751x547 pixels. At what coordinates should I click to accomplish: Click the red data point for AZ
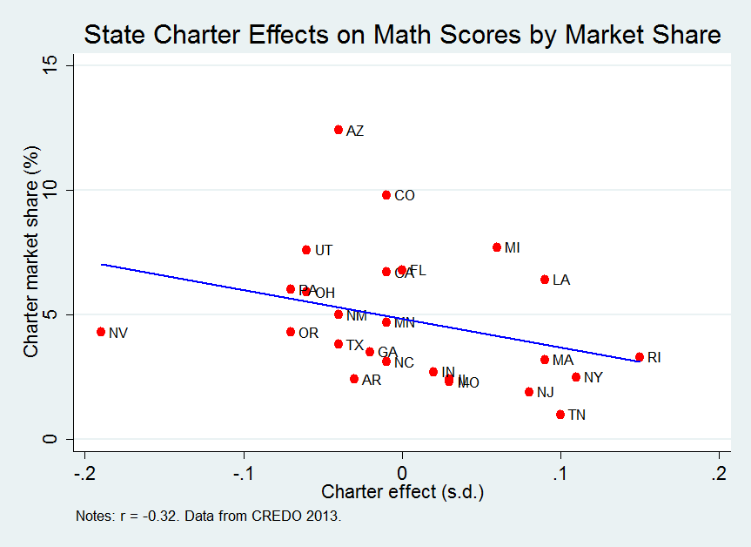[339, 130]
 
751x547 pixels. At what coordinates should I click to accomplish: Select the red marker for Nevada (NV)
[101, 332]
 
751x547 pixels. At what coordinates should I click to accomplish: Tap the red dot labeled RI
[640, 357]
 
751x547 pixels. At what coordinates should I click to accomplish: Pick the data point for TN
[560, 415]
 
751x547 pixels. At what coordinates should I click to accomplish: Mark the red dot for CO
[386, 195]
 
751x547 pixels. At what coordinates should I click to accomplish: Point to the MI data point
[497, 247]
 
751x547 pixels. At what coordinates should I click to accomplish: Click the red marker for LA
[545, 280]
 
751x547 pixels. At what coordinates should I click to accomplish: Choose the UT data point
[306, 250]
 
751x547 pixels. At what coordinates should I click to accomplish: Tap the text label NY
[593, 378]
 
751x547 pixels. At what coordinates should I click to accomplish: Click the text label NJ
[545, 393]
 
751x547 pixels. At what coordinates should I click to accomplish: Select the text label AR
[372, 381]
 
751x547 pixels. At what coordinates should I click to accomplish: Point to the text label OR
[308, 333]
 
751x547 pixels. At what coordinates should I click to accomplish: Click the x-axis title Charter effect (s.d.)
[402, 492]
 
